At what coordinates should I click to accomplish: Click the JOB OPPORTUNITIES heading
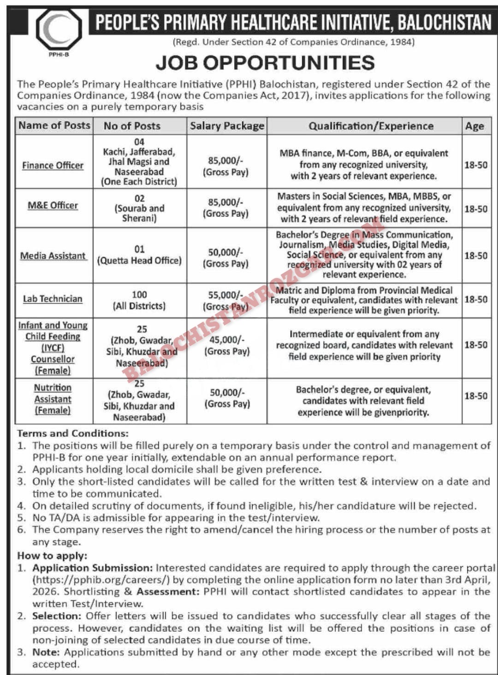[265, 63]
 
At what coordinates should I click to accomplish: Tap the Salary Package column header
[227, 126]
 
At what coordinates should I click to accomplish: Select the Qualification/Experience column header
[371, 126]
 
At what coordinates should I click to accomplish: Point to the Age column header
[474, 126]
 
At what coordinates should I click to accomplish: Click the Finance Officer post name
[53, 165]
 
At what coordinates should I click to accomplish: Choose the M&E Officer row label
[53, 205]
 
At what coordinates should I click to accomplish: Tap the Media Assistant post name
[53, 255]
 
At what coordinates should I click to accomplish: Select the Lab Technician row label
[53, 299]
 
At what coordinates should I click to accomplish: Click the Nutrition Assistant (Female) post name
[53, 399]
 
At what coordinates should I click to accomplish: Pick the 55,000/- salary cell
[226, 300]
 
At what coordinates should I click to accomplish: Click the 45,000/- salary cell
[227, 345]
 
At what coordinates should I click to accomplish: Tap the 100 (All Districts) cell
[139, 300]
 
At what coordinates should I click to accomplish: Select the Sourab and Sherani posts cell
[139, 208]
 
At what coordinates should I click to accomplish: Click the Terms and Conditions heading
[73, 433]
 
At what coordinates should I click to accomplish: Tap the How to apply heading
[52, 556]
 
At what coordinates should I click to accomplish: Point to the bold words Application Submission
[92, 568]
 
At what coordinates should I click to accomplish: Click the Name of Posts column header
[54, 125]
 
